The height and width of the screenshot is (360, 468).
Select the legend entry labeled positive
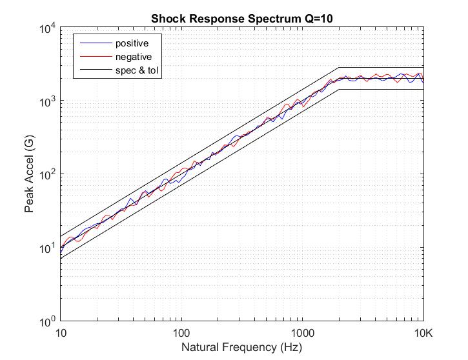point(132,43)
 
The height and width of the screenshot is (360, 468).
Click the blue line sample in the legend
point(94,43)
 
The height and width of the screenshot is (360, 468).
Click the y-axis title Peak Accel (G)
point(29,174)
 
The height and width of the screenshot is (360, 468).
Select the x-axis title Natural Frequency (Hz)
point(242,347)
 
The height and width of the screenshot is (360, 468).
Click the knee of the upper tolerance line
point(339,68)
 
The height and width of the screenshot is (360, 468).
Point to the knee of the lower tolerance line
point(339,90)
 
